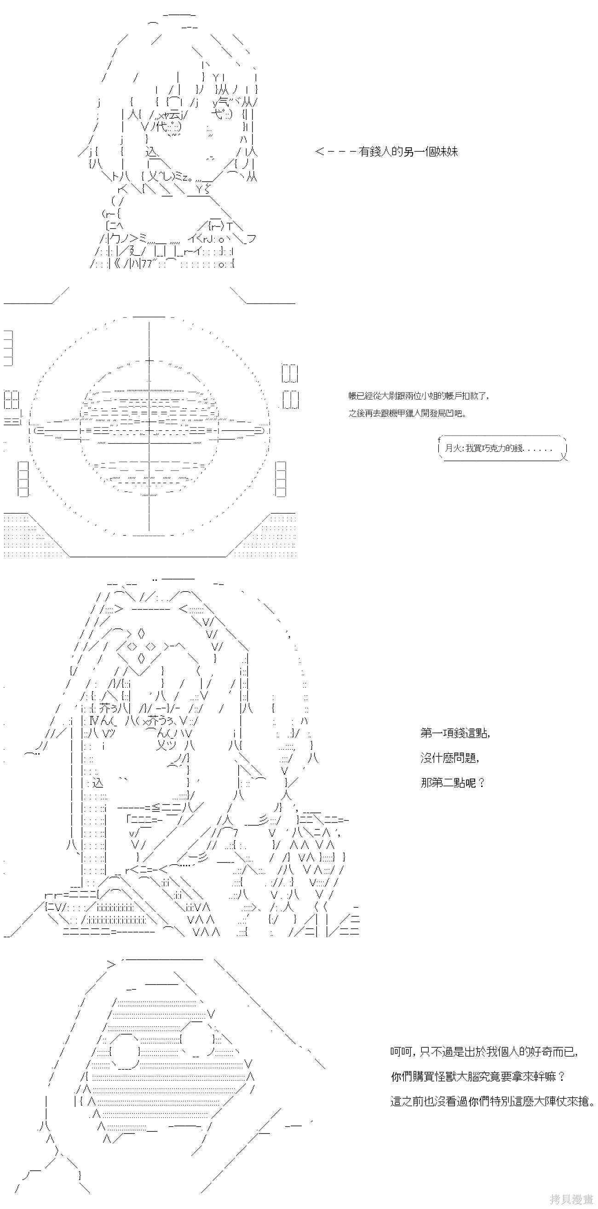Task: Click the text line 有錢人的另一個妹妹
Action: coord(408,152)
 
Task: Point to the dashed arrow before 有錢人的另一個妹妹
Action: coord(335,152)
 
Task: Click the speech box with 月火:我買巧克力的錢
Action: coord(502,448)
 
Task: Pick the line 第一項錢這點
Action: coord(455,733)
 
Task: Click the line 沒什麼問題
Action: coord(449,758)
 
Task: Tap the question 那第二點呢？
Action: coord(452,782)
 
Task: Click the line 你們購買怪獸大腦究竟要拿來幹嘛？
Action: coord(478,1077)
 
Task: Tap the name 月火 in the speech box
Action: coord(452,448)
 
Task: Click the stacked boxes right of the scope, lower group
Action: coord(281,479)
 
